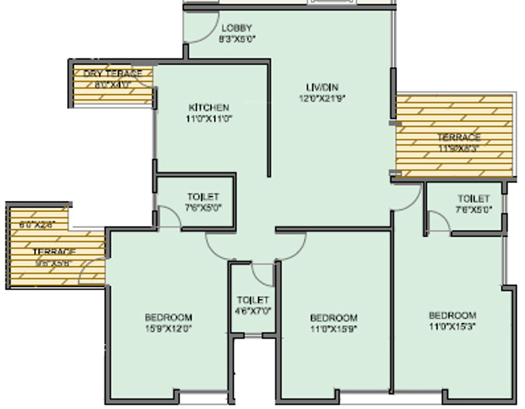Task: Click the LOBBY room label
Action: (x=237, y=28)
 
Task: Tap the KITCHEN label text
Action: (x=209, y=108)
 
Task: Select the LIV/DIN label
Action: (x=322, y=87)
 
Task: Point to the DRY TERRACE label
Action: (x=113, y=74)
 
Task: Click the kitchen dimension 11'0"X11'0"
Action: (x=209, y=119)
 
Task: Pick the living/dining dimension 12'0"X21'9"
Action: (x=322, y=98)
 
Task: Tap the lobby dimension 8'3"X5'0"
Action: (x=237, y=39)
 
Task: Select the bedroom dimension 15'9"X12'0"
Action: (x=169, y=328)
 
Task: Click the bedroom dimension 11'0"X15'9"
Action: (x=334, y=328)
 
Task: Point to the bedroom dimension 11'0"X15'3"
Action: (x=453, y=326)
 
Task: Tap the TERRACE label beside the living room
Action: (x=459, y=138)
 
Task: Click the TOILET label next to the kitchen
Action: (x=203, y=197)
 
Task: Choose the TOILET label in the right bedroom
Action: (x=473, y=199)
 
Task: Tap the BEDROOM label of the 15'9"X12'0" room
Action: (x=169, y=318)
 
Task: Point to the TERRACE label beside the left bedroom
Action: (x=54, y=252)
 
